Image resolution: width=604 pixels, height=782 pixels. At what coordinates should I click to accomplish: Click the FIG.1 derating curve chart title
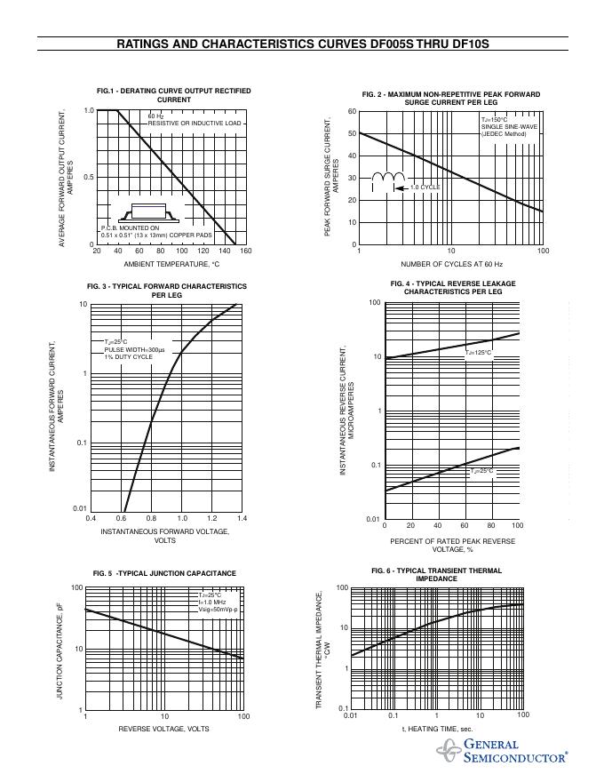tap(174, 95)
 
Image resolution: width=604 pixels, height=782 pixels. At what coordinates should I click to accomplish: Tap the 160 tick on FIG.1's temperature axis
tap(246, 251)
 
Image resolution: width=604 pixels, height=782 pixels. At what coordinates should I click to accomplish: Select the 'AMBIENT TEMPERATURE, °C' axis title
tap(171, 264)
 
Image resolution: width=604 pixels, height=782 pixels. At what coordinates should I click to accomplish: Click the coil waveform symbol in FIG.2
tap(387, 180)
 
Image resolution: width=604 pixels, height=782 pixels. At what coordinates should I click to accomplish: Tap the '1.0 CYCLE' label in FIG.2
tap(425, 187)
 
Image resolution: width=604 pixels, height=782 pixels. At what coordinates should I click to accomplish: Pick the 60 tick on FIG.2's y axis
tap(352, 112)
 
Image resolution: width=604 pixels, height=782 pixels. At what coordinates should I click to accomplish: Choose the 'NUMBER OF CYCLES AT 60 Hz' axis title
tap(451, 264)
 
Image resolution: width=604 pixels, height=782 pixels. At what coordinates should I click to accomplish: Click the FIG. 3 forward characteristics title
tap(167, 290)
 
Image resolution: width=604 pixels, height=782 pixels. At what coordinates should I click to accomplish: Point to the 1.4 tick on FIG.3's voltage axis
tap(242, 517)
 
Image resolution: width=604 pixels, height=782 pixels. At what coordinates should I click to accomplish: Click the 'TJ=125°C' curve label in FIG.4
tap(478, 353)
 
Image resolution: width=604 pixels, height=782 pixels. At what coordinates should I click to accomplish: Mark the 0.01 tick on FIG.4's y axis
tap(374, 519)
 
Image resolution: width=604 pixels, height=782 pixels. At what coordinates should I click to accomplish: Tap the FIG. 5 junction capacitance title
tap(164, 573)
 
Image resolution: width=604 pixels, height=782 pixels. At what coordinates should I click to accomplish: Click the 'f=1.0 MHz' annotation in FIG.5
tap(212, 603)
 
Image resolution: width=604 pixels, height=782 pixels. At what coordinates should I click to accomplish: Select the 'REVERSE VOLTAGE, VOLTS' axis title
tap(164, 729)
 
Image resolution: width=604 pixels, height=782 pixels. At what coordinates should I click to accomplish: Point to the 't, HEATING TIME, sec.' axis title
tap(437, 729)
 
